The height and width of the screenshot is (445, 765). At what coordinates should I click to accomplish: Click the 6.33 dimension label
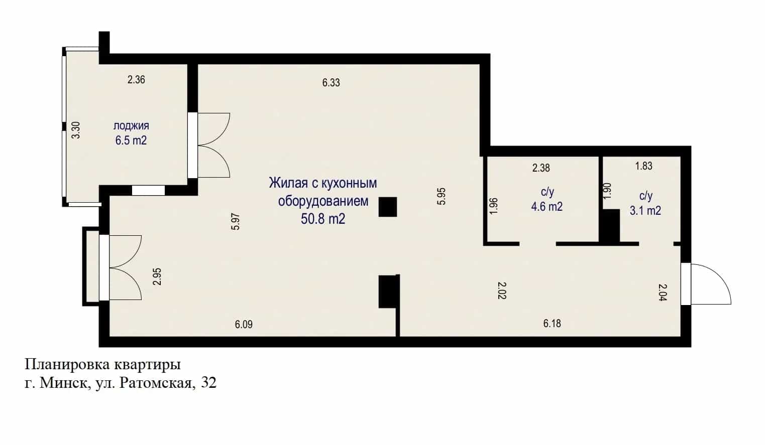[x=331, y=83]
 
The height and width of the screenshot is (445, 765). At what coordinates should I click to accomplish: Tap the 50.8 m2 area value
[x=323, y=219]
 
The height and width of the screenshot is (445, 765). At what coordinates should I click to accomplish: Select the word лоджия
[x=131, y=126]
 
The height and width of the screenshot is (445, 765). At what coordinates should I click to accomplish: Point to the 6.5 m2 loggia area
[x=131, y=140]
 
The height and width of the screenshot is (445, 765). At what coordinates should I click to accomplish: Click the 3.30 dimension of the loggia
[x=76, y=130]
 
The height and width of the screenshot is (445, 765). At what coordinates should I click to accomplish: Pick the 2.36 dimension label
[x=136, y=80]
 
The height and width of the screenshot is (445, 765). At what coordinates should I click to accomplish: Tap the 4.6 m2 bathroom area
[x=547, y=207]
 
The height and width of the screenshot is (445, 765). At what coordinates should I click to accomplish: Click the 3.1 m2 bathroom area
[x=645, y=210]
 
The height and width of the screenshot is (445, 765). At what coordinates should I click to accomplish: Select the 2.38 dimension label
[x=541, y=168]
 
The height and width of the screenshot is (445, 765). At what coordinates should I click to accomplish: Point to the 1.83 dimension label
[x=644, y=166]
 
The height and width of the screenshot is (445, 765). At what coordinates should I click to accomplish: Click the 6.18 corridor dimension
[x=552, y=323]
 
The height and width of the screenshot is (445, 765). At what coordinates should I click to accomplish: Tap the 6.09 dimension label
[x=244, y=324]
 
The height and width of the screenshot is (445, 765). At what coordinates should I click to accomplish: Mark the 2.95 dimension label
[x=157, y=276]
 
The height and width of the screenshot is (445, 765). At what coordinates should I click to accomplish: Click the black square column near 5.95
[x=388, y=207]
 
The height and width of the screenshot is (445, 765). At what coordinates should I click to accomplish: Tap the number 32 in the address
[x=208, y=383]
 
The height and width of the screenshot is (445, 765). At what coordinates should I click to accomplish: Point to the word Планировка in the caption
[x=67, y=365]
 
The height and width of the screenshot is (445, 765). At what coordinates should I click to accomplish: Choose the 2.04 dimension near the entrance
[x=662, y=292]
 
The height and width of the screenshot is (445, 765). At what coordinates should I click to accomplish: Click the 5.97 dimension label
[x=236, y=222]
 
